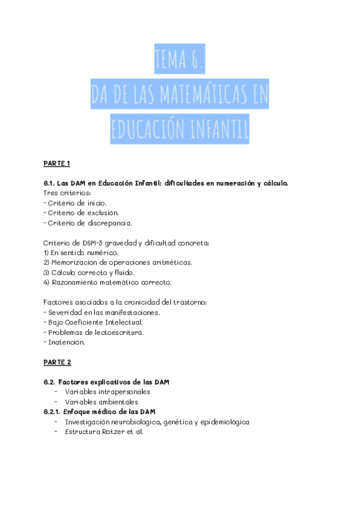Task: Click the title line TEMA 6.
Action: (179, 59)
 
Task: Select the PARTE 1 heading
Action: (57, 163)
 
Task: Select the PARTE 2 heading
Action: (57, 362)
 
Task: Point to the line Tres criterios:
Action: (67, 193)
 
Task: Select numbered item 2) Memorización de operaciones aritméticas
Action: (118, 262)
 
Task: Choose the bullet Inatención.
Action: (66, 342)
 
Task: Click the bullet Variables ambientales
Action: (101, 402)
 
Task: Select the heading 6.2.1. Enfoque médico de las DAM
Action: (100, 411)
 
